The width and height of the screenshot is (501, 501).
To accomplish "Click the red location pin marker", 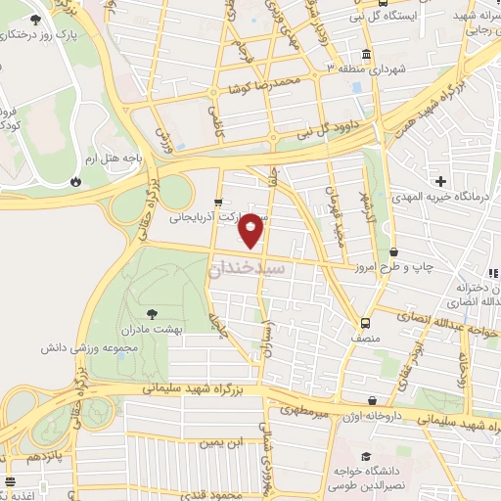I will click(x=251, y=228).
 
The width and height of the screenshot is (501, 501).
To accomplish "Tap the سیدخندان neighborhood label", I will click(x=249, y=267).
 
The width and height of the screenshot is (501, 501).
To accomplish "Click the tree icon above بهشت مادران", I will click(x=152, y=315).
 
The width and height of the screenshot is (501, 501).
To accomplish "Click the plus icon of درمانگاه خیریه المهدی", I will click(x=441, y=181).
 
